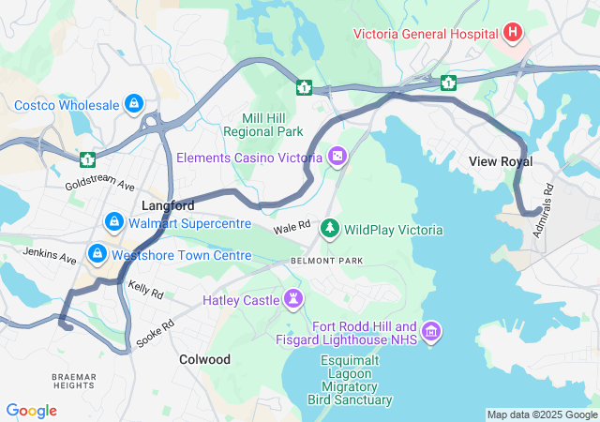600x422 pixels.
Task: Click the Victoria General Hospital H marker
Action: tap(512, 34)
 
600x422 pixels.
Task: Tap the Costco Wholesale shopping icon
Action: tap(134, 103)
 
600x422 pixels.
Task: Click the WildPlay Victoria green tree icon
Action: tap(330, 228)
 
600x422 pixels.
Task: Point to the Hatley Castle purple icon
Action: tap(294, 300)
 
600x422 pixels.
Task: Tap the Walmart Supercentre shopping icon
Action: tap(113, 222)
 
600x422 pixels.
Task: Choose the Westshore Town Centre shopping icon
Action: tap(97, 254)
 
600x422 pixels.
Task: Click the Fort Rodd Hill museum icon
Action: tap(431, 331)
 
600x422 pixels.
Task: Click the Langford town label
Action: tap(168, 204)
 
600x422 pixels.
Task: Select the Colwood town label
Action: tap(204, 359)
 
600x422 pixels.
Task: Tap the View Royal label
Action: tap(501, 161)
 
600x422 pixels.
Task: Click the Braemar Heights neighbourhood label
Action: tap(72, 381)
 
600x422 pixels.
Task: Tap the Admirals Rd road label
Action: tap(543, 210)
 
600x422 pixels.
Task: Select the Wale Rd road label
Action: tap(292, 227)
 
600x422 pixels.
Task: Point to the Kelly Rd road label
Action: tap(145, 290)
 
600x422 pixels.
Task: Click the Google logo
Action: tap(31, 411)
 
